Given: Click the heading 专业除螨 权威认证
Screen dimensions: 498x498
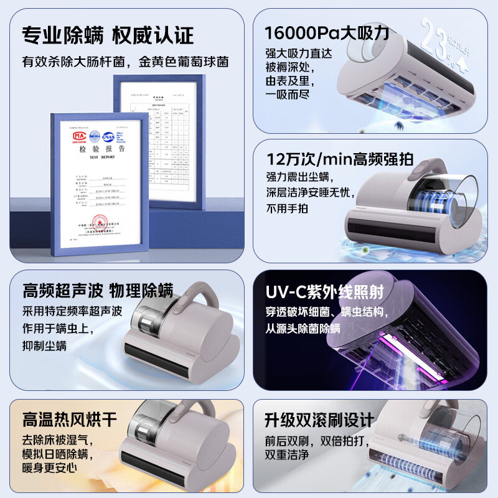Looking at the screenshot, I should coord(107,35).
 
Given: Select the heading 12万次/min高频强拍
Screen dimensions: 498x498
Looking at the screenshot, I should coord(339,159).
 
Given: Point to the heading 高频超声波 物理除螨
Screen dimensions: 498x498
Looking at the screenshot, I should coord(98,291).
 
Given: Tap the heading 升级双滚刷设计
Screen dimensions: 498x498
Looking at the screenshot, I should coord(320,419).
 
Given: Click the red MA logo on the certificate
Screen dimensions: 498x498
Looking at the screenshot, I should coord(78,134).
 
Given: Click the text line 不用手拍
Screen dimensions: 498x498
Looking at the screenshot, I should coord(287,209).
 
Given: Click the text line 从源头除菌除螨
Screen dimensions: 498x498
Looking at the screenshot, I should coord(303,328).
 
